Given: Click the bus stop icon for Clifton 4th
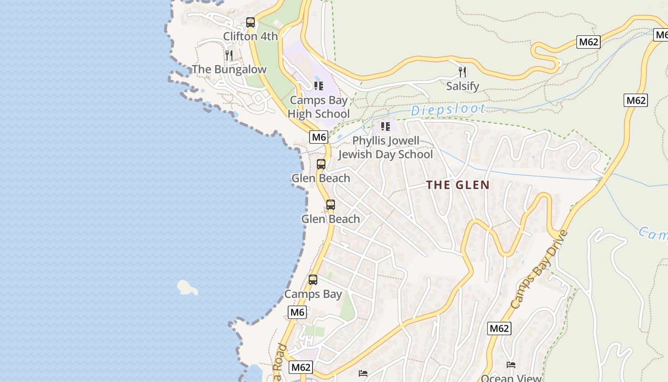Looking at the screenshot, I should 250,22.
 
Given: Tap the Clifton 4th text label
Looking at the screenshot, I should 250,36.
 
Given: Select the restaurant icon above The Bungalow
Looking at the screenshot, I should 229,55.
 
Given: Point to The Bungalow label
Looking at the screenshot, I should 229,70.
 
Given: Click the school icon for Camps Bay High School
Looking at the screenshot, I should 318,86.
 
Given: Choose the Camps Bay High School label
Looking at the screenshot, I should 318,107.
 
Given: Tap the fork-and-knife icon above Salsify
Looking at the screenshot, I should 462,72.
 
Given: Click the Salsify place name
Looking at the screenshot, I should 462,86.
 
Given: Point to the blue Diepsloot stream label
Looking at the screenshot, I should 448,109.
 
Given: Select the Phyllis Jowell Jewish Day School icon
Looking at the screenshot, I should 385,127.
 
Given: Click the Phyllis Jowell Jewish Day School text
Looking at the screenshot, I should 386,148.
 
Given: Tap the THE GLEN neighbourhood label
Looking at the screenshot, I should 458,185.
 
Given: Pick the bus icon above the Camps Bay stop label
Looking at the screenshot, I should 313,280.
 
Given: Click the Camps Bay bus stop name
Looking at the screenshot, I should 313,294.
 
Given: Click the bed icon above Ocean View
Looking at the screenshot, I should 511,365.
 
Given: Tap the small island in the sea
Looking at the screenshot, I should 187,287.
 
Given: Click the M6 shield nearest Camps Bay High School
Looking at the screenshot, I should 319,138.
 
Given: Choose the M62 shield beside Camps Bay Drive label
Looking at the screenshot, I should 499,329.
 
